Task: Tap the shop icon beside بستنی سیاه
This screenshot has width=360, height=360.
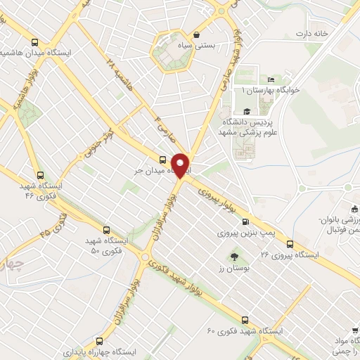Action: click(x=197, y=34)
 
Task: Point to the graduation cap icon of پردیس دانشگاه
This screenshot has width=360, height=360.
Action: click(x=247, y=111)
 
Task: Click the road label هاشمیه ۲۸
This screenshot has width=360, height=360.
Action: click(x=120, y=73)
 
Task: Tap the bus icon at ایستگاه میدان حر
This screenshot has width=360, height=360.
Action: click(x=163, y=159)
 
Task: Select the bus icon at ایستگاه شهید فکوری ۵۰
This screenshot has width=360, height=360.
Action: click(x=107, y=229)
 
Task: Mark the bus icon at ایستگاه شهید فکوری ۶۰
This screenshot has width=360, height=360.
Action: click(x=245, y=319)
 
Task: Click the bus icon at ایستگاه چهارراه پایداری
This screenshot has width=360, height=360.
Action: click(x=99, y=337)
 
